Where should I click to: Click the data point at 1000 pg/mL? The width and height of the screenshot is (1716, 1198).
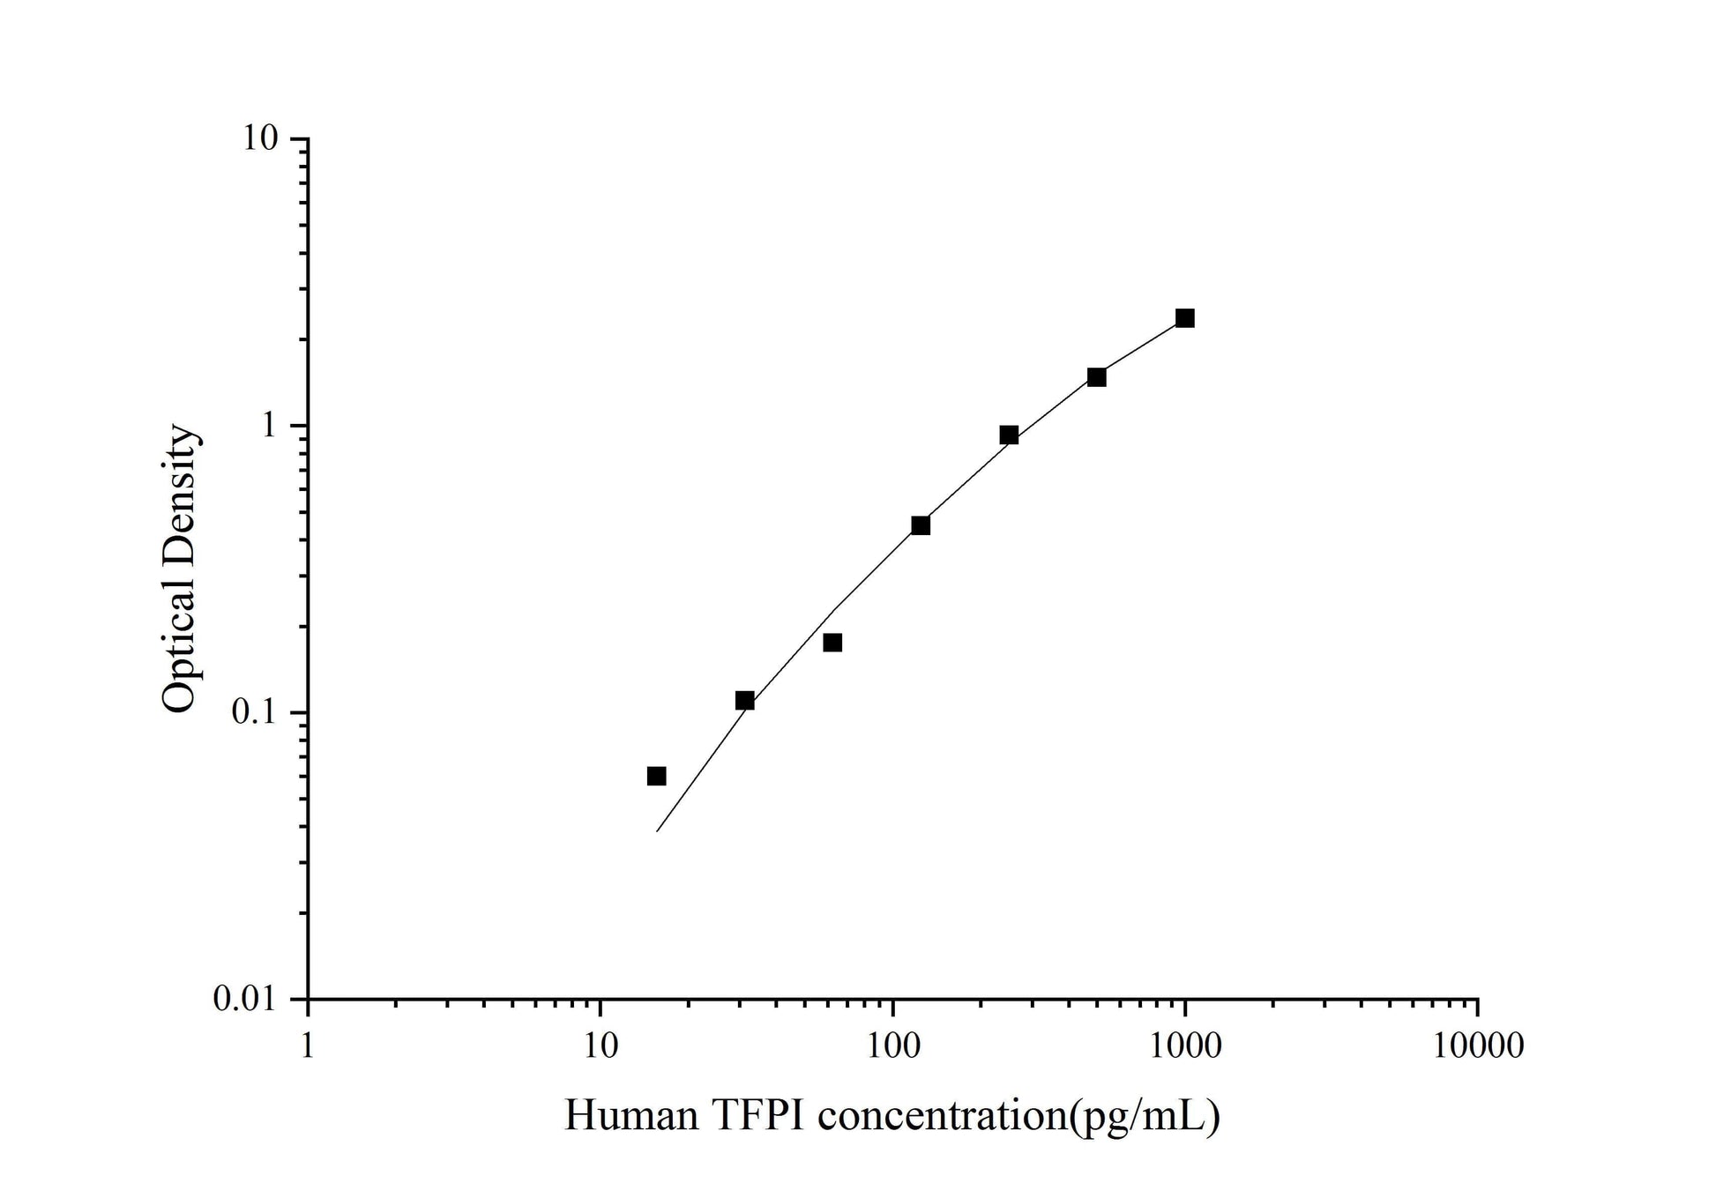click(x=1184, y=318)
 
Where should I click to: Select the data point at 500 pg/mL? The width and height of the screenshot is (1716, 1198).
click(x=1096, y=377)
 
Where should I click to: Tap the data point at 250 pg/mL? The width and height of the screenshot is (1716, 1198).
click(x=1009, y=435)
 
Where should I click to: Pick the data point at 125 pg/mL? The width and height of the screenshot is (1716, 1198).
click(x=921, y=525)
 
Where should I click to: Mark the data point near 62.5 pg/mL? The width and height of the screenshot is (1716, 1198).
click(x=832, y=643)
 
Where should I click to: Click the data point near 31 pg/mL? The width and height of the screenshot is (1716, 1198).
click(x=744, y=701)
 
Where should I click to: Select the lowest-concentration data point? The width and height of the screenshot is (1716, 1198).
click(x=656, y=776)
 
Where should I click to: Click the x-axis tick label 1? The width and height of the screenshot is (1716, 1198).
click(x=307, y=1046)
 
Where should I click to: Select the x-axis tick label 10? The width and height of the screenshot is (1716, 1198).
click(x=600, y=1046)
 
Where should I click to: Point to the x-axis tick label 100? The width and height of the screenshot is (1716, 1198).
click(x=892, y=1046)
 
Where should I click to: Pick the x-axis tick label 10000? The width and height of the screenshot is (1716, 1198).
click(x=1477, y=1046)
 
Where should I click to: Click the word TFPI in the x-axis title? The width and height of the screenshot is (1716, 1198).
click(x=757, y=1116)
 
